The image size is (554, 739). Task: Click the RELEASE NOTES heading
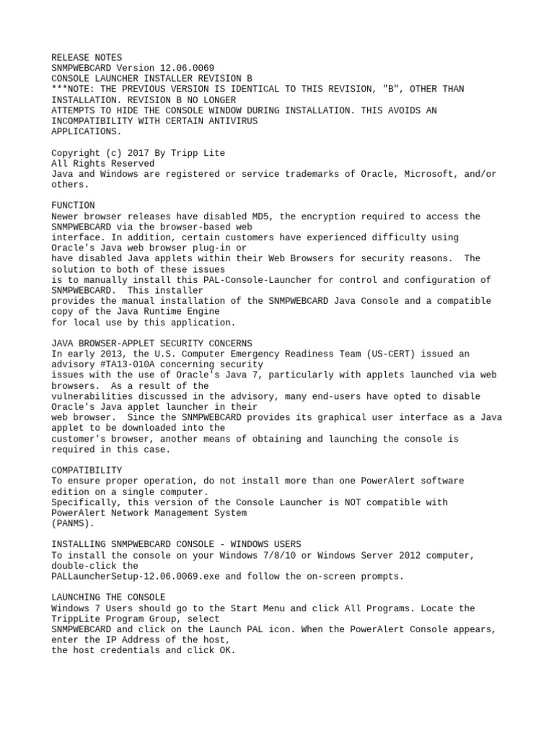(87, 57)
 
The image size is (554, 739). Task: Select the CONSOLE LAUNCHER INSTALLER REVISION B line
(152, 78)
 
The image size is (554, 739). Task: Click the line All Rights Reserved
(102, 163)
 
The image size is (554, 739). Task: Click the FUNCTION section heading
(73, 206)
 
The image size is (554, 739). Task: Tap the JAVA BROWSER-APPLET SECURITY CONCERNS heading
(152, 344)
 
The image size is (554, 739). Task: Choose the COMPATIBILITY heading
(87, 471)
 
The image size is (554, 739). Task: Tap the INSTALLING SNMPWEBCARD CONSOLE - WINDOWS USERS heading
(176, 544)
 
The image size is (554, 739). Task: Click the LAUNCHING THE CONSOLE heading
(108, 598)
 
